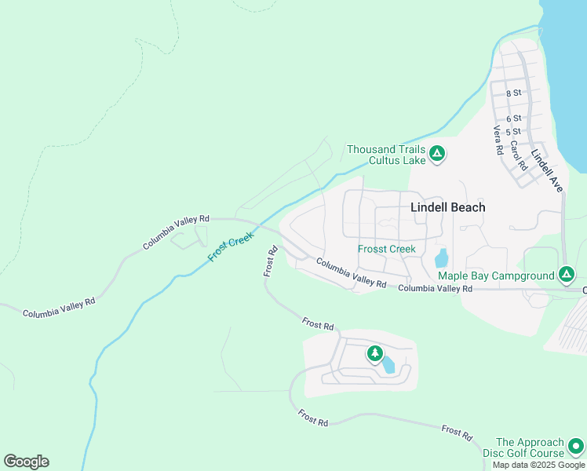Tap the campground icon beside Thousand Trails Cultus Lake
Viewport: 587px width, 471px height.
click(437, 154)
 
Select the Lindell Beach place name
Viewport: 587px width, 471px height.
click(448, 207)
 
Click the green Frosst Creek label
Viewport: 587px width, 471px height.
click(386, 249)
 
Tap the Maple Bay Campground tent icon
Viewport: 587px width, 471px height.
click(567, 275)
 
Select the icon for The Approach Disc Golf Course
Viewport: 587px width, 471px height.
click(576, 447)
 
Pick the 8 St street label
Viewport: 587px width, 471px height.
click(513, 93)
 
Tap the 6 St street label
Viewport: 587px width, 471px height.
click(513, 118)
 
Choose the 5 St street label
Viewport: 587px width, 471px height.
click(513, 131)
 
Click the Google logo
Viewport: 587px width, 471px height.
click(26, 461)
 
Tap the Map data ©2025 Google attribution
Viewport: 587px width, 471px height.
click(538, 465)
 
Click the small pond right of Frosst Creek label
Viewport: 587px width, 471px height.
click(441, 257)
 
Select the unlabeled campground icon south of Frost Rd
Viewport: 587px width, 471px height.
click(374, 354)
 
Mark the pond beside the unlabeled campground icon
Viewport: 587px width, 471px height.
click(388, 363)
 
